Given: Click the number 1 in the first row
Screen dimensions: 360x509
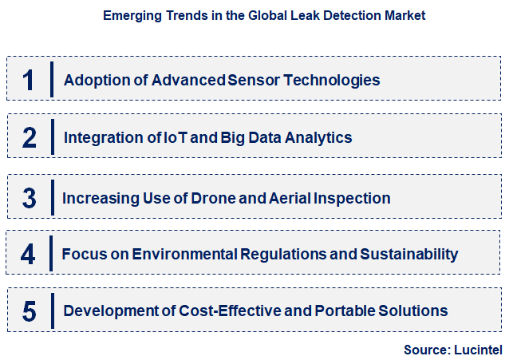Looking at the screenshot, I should click(x=30, y=80).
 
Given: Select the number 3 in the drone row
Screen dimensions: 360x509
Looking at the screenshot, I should click(x=30, y=197).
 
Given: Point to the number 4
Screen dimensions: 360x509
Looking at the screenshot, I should click(x=30, y=255).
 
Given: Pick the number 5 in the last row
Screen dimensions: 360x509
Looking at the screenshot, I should click(x=30, y=311).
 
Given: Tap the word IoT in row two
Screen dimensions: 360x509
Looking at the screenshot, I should click(x=175, y=138).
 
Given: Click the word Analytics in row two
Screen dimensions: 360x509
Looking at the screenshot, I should click(x=318, y=138).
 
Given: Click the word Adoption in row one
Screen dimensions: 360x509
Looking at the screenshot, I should click(x=91, y=80).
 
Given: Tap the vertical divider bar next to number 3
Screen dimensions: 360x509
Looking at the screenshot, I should click(x=51, y=197).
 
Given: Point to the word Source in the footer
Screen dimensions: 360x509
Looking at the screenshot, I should click(x=426, y=349).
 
